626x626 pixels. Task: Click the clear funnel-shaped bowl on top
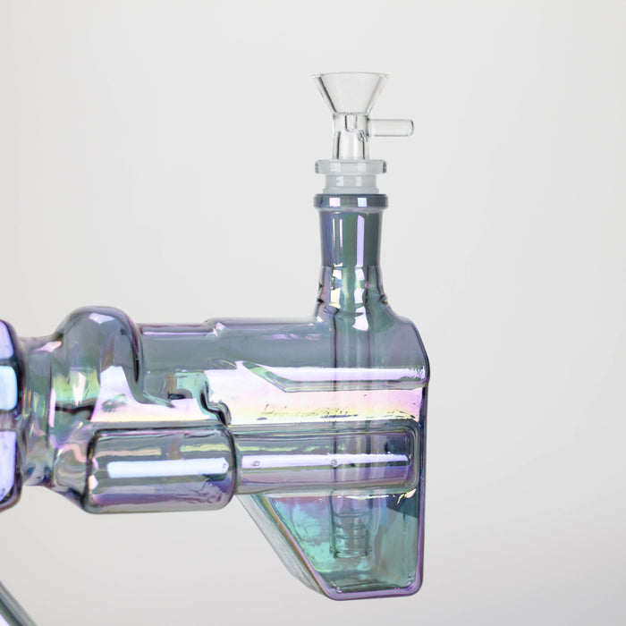click(x=351, y=94)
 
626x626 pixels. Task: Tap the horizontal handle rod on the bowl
click(x=392, y=128)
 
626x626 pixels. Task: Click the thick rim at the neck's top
click(x=351, y=201)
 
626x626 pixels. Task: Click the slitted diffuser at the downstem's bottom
click(x=348, y=541)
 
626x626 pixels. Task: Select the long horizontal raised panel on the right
click(x=326, y=461)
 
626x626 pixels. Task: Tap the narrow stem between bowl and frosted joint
click(x=351, y=143)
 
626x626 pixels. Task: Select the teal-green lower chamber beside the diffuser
click(x=385, y=537)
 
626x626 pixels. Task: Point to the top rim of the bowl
click(x=351, y=76)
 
